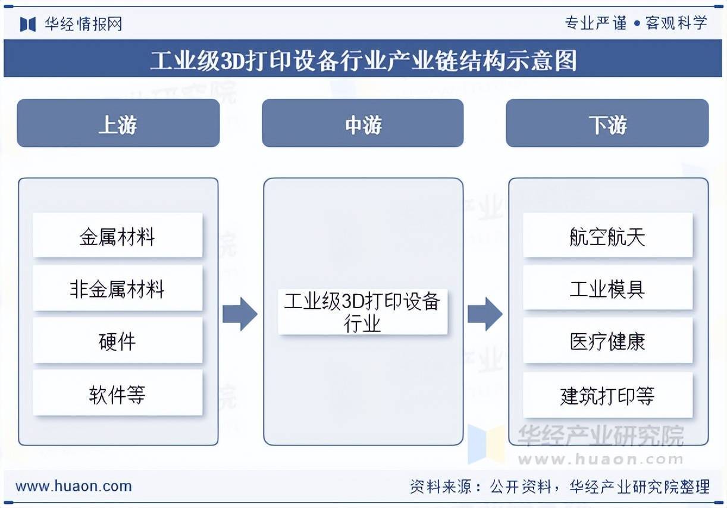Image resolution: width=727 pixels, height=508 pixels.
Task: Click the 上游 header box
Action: pyautogui.click(x=118, y=123)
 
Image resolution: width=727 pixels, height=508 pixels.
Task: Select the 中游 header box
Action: pyautogui.click(x=362, y=123)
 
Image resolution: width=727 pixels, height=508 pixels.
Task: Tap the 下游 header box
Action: pyautogui.click(x=607, y=123)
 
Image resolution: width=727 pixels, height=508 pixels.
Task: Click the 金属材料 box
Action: pyautogui.click(x=117, y=236)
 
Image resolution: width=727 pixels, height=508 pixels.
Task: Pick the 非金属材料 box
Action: pyautogui.click(x=117, y=289)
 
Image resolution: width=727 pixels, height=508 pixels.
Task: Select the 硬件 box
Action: pyautogui.click(x=117, y=341)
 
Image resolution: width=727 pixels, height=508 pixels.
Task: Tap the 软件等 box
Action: pyautogui.click(x=117, y=394)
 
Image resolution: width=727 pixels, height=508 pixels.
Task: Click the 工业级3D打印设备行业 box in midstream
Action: pyautogui.click(x=362, y=312)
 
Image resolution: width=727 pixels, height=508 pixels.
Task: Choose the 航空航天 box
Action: pyautogui.click(x=607, y=236)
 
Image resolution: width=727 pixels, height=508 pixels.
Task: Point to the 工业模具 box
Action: pyautogui.click(x=607, y=289)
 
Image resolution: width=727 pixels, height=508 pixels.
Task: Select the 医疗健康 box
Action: pyautogui.click(x=607, y=341)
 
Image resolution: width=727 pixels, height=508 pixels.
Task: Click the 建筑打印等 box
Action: pyautogui.click(x=607, y=395)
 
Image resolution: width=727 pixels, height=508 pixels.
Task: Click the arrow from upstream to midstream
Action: pyautogui.click(x=240, y=313)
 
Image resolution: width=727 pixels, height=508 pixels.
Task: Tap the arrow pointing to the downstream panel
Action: pyautogui.click(x=485, y=313)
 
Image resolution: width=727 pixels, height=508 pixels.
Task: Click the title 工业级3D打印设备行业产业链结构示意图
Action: pyautogui.click(x=363, y=59)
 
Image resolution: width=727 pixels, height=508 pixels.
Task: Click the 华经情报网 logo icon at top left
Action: pyautogui.click(x=28, y=24)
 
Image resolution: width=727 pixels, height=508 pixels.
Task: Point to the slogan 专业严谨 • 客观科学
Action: pyautogui.click(x=635, y=23)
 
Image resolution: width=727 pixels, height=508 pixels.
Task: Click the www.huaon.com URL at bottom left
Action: pyautogui.click(x=73, y=486)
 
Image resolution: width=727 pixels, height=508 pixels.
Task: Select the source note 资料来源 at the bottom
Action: pyautogui.click(x=559, y=487)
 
